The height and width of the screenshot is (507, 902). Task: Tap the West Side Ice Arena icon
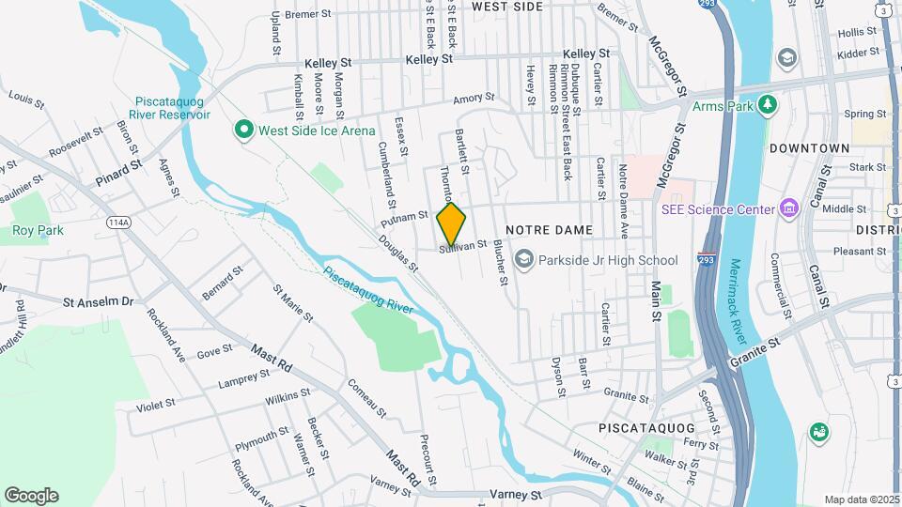[244, 131]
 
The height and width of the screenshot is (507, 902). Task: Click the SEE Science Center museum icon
[788, 208]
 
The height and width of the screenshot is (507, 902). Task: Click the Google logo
[31, 496]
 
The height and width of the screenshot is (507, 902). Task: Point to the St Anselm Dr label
[99, 302]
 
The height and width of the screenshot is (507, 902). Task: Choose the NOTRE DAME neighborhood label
[549, 230]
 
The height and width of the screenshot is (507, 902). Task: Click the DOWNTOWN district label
[809, 148]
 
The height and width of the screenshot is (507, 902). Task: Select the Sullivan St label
[464, 245]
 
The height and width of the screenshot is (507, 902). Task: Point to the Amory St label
[473, 98]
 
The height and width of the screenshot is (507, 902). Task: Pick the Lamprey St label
[243, 377]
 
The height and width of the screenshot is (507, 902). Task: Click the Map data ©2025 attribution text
[861, 499]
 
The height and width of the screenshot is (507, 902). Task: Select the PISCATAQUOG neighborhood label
[646, 427]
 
